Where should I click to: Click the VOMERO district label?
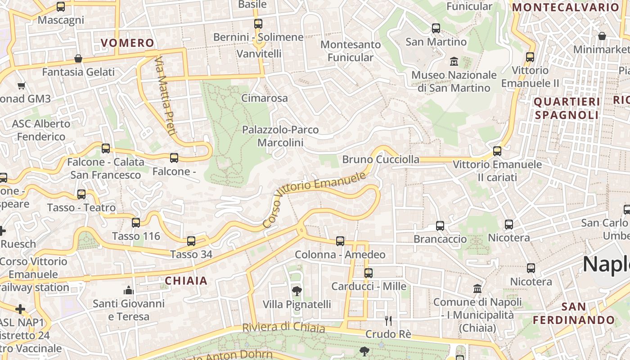pos(127,43)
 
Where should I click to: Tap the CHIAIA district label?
pos(186,281)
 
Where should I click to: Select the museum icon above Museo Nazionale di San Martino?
pos(454,61)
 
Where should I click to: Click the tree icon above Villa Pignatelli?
pos(297,290)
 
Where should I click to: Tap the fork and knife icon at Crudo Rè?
pos(388,320)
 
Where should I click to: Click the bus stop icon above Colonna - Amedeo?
pos(340,241)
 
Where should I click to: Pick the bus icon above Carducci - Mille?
pos(369,273)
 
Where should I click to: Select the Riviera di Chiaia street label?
pos(283,327)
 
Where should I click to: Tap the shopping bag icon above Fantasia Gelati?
pos(78,58)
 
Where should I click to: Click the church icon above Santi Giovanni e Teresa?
pos(129,290)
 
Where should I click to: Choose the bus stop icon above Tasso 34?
pos(191,241)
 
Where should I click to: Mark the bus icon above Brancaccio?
pos(440,226)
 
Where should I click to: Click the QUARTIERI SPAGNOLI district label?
pos(567,108)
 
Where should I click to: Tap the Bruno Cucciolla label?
pos(381,159)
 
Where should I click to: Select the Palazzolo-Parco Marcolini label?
pos(280,136)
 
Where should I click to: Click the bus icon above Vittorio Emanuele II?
pos(530,57)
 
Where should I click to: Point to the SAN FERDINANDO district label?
pos(574,314)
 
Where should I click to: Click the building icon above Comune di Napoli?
pos(477,288)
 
